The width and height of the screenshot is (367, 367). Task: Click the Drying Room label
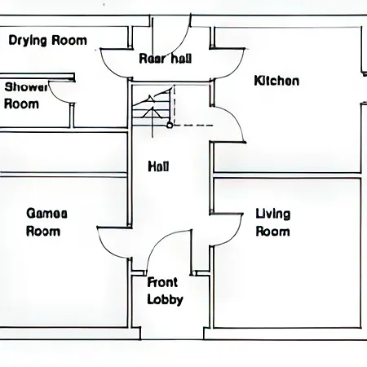pyautogui.click(x=47, y=41)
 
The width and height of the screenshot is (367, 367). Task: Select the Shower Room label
pyautogui.click(x=21, y=95)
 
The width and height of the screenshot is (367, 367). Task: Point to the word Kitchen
pyautogui.click(x=276, y=81)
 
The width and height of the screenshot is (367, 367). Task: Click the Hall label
pyautogui.click(x=158, y=166)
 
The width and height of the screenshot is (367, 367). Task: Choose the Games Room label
pyautogui.click(x=44, y=222)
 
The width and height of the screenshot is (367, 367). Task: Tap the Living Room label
pyautogui.click(x=272, y=223)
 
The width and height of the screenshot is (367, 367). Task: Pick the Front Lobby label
pyautogui.click(x=165, y=291)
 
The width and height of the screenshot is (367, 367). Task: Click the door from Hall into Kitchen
pyautogui.click(x=229, y=122)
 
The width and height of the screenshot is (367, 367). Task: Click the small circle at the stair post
pyautogui.click(x=170, y=126)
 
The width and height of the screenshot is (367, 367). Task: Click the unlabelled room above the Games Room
pyautogui.click(x=64, y=153)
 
